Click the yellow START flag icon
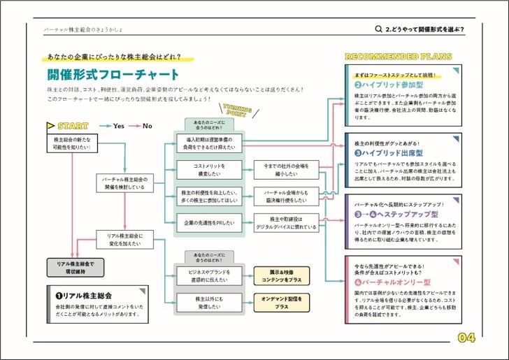(50, 127)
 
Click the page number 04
(466, 338)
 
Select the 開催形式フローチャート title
(113, 75)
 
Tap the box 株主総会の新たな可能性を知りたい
(71, 143)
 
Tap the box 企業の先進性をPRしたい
(208, 222)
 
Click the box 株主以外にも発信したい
(208, 302)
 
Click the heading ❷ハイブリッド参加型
(387, 84)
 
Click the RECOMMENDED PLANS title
(399, 57)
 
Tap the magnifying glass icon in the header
(379, 29)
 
